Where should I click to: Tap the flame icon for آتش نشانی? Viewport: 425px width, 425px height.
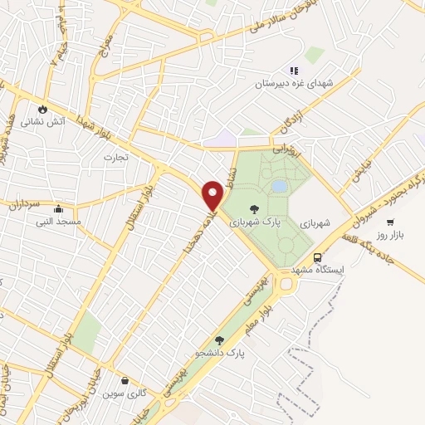(x=42, y=108)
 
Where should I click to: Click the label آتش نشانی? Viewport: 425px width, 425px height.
(x=42, y=121)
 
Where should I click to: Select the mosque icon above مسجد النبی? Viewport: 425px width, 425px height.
(x=57, y=209)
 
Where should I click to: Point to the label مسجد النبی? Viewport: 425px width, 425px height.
(x=57, y=222)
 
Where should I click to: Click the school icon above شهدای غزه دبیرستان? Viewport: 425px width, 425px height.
(x=293, y=71)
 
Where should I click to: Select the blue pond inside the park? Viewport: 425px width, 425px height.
(x=280, y=187)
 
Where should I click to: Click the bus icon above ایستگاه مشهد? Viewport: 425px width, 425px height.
(x=318, y=257)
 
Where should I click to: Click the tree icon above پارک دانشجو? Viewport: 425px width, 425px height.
(x=219, y=340)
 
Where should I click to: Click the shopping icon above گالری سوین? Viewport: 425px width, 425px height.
(x=125, y=381)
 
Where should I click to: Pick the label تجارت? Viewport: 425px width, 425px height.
(x=113, y=156)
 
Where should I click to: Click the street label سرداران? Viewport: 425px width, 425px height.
(x=26, y=202)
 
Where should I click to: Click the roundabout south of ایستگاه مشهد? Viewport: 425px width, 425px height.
(x=286, y=284)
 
